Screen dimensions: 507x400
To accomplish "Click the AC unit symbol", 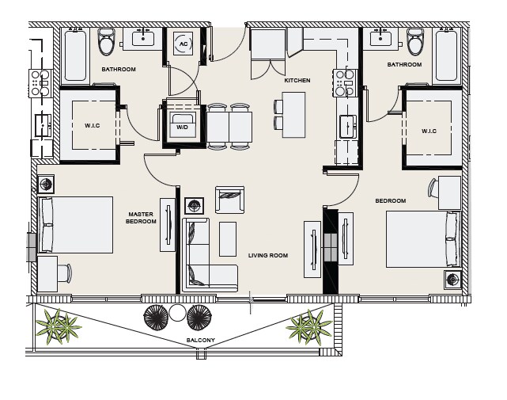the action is point(183,44).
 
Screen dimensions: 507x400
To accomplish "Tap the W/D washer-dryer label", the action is point(182,128).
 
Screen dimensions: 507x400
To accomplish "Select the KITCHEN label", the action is point(297,80).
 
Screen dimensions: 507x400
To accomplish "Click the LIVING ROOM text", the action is point(268,255).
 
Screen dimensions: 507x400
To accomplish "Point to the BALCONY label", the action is point(200,340).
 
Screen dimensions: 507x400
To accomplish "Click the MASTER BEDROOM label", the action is point(141,218).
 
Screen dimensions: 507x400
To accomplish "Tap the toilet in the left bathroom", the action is point(107,42).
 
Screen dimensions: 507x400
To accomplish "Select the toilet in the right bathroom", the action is point(415,42).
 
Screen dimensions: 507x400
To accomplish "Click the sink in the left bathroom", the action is point(142,39).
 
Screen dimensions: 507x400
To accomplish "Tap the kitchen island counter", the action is point(293,115).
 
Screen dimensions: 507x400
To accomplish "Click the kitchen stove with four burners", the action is point(346,83).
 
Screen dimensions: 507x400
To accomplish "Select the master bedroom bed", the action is point(76,225).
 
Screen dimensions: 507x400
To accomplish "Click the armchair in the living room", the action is point(229,200).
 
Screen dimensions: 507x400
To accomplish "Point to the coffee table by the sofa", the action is point(228,239).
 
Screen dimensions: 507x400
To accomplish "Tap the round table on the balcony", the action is point(177,313).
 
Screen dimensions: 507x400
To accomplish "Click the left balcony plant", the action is point(59,326).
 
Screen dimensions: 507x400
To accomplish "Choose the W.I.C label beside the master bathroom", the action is point(93,125).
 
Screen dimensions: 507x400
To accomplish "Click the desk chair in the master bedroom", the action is point(66,273).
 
